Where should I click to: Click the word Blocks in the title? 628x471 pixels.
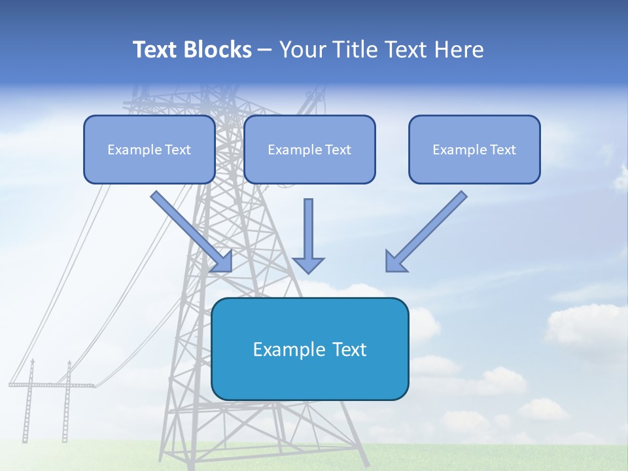coord(219,50)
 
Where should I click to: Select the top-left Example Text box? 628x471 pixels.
coord(149,150)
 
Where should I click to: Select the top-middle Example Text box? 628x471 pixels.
coord(309,150)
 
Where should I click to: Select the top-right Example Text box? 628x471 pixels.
coord(474,150)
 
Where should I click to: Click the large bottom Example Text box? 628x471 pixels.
coord(310,349)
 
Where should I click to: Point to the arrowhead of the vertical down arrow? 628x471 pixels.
coord(308,264)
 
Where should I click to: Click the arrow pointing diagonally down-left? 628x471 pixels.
coord(425,232)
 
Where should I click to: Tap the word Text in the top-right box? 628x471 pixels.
coord(502,150)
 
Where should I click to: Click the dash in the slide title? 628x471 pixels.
coord(265,50)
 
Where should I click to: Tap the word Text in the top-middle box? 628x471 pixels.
coord(338,150)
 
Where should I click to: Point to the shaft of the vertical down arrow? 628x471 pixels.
coord(308,226)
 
